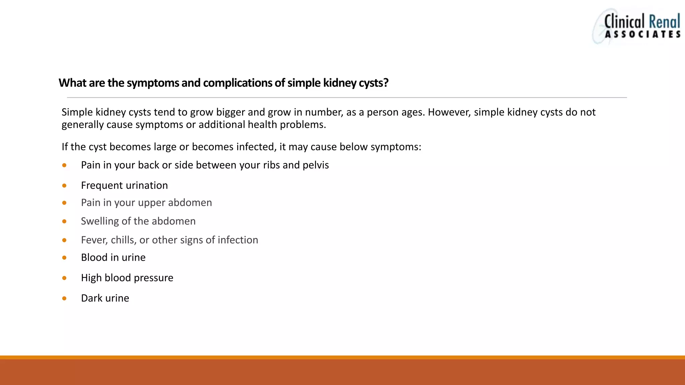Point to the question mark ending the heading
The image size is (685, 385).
click(386, 83)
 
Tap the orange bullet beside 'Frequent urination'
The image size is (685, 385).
click(64, 185)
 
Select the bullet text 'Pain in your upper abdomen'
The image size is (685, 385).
click(146, 203)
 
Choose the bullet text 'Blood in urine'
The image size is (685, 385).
click(113, 257)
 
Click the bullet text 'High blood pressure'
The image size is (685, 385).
click(127, 278)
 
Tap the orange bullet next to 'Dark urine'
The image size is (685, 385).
click(64, 298)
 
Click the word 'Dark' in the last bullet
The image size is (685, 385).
click(91, 298)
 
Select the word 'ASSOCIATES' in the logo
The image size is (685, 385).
click(643, 34)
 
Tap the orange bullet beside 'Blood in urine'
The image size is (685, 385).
click(64, 258)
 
